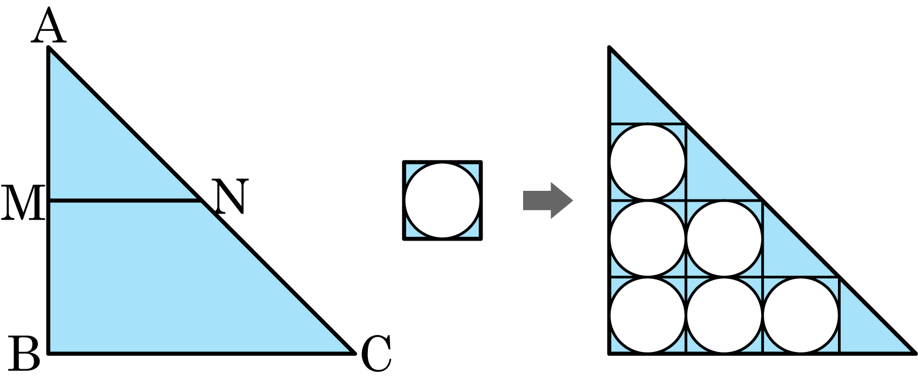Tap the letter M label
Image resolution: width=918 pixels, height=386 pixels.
pos(23,203)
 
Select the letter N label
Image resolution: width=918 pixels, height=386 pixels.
pos(230,197)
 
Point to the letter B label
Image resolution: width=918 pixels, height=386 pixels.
pos(24,354)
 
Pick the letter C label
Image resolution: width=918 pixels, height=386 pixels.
pos(376,354)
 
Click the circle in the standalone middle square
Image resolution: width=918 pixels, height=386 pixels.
pos(443,201)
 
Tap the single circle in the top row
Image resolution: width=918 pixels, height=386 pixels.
pos(648,162)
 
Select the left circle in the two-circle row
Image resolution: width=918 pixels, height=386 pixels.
pos(648,238)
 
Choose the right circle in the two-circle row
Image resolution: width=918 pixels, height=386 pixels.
pos(724,238)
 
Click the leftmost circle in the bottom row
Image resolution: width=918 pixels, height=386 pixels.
pos(648,315)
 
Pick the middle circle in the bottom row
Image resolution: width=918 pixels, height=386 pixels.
pos(724,315)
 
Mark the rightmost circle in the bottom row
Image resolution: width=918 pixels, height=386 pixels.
pos(801,315)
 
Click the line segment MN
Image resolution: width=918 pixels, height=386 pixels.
pos(124,201)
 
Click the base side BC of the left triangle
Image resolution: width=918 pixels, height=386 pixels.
pos(200,353)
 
